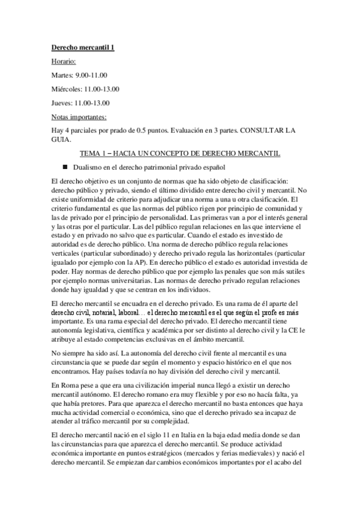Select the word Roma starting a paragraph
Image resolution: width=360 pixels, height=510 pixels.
pyautogui.click(x=69, y=384)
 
